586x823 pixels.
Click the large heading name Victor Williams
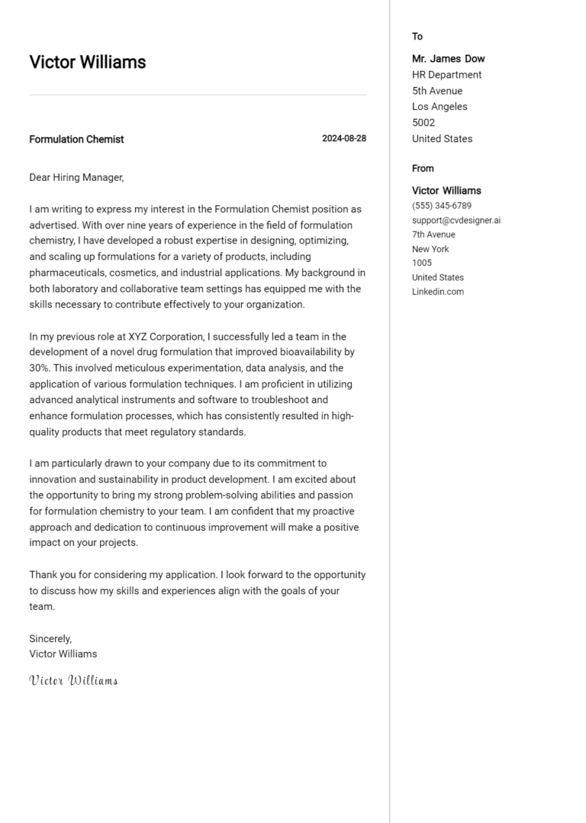(87, 63)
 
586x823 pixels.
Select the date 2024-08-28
(343, 139)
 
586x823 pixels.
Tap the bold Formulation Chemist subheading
(76, 140)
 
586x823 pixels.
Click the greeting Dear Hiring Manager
(76, 178)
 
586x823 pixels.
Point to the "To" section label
(417, 37)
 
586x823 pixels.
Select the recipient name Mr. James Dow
(448, 59)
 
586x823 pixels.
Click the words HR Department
(446, 75)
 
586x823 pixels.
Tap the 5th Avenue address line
(436, 91)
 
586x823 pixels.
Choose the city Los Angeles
(439, 107)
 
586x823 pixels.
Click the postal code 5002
(423, 123)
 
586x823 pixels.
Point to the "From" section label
(423, 169)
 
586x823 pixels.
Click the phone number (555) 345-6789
(441, 206)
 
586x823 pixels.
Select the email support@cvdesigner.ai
(456, 221)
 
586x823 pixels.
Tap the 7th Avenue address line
(433, 235)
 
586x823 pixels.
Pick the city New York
(430, 250)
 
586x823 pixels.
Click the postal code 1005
(422, 263)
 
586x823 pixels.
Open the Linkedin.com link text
(437, 292)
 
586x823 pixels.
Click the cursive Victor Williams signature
(73, 680)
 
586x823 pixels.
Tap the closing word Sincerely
(50, 638)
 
